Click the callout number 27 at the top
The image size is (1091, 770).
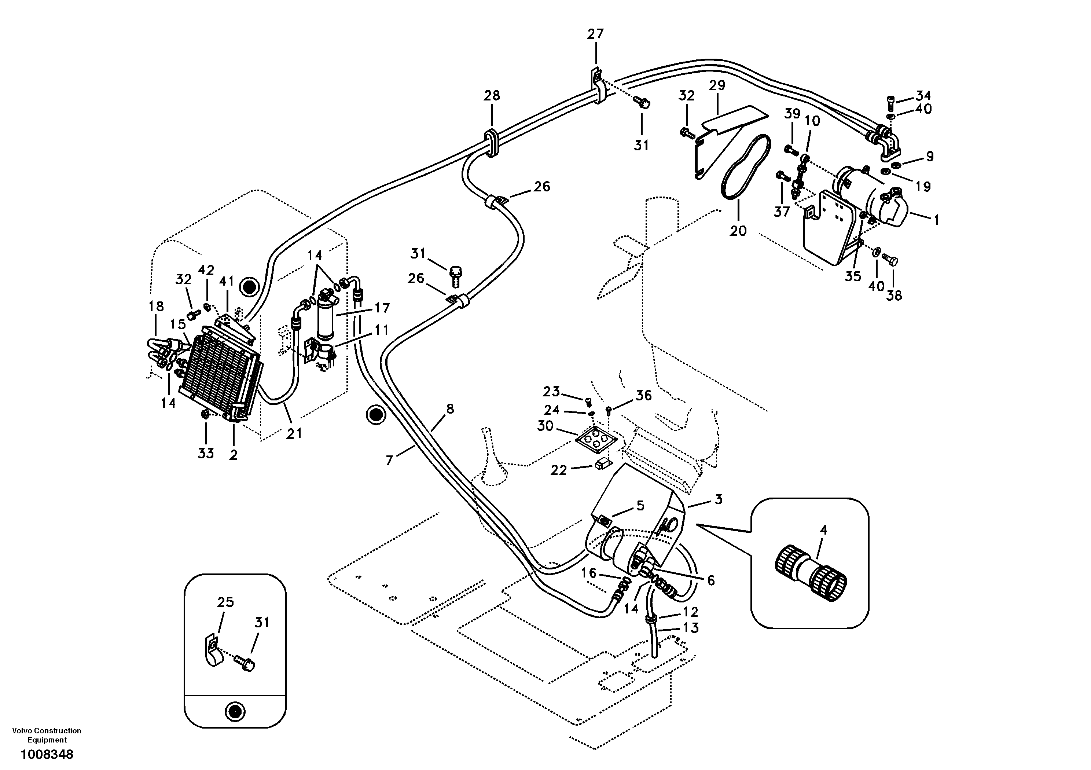(x=595, y=34)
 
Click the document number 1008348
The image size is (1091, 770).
(x=47, y=754)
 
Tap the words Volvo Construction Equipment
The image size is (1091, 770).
(x=47, y=735)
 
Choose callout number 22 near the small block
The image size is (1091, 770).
(x=558, y=470)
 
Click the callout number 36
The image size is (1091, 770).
(x=644, y=396)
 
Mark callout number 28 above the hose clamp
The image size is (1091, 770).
(x=492, y=96)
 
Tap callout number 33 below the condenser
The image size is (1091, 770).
(x=206, y=454)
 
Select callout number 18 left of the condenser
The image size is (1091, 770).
(x=156, y=306)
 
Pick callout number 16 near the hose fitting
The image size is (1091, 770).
(x=589, y=573)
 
